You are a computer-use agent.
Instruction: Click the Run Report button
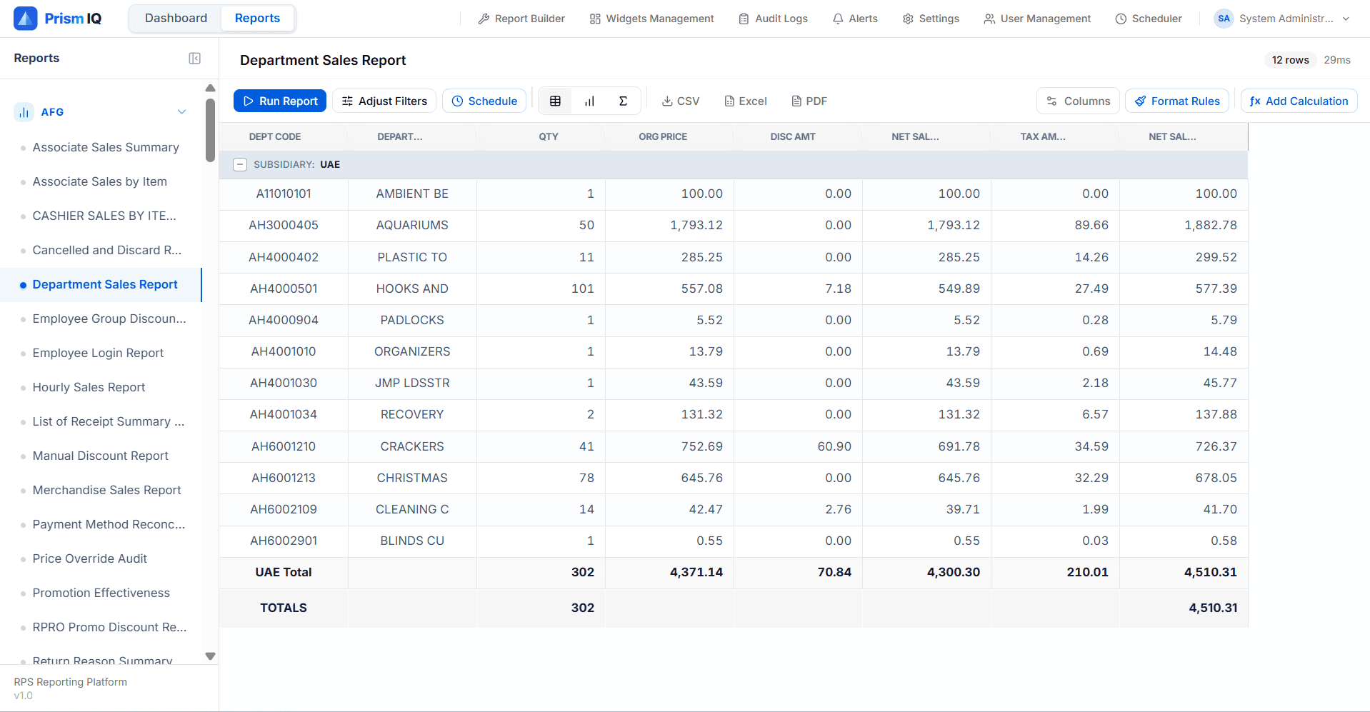point(280,101)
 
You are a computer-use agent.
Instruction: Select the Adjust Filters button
point(384,101)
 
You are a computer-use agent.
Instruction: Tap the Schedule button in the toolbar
point(484,101)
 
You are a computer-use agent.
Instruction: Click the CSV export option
point(680,101)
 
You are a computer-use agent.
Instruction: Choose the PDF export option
point(809,101)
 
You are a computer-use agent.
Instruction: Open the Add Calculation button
point(1299,101)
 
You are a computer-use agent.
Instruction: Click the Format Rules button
point(1177,101)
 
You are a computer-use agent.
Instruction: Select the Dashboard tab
point(176,18)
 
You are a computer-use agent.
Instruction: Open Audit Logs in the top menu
point(773,19)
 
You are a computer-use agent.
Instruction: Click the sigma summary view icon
point(623,101)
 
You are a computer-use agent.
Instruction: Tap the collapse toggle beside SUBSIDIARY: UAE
point(241,164)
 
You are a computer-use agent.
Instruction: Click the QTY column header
point(548,136)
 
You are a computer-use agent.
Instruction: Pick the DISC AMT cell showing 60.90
point(834,446)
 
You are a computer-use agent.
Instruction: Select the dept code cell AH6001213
point(283,478)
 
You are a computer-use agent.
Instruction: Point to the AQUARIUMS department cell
point(412,225)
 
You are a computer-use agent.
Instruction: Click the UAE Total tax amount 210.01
point(1086,572)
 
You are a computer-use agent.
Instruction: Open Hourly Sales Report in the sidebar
point(89,387)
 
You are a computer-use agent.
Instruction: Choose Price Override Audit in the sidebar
point(89,558)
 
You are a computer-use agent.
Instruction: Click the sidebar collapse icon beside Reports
point(194,59)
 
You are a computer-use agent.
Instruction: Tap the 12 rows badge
point(1289,60)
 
